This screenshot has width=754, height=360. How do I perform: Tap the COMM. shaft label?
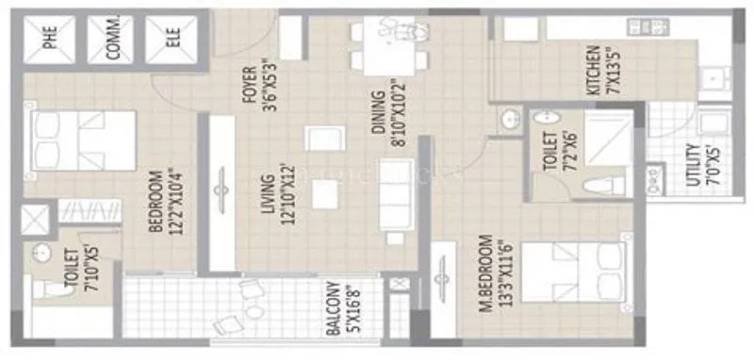click(x=111, y=40)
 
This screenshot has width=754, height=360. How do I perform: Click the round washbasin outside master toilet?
click(x=509, y=121)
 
